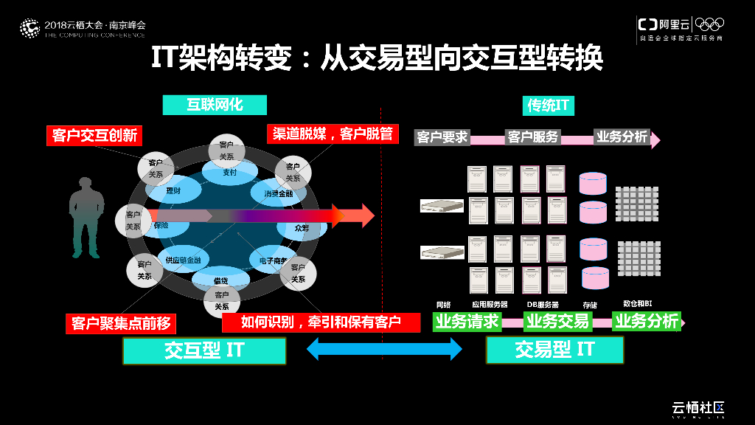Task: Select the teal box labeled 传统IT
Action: click(x=548, y=105)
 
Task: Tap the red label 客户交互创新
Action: click(x=95, y=135)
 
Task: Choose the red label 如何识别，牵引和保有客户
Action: click(x=321, y=322)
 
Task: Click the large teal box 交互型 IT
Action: click(x=203, y=350)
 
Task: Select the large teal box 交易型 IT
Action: click(x=554, y=350)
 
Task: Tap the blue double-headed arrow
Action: click(x=384, y=349)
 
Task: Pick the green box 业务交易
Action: click(x=557, y=321)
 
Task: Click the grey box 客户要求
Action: click(x=442, y=137)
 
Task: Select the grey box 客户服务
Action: click(x=533, y=137)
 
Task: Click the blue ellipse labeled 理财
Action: click(x=174, y=191)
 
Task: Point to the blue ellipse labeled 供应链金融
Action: click(x=183, y=260)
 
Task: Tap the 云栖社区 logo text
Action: click(x=697, y=407)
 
